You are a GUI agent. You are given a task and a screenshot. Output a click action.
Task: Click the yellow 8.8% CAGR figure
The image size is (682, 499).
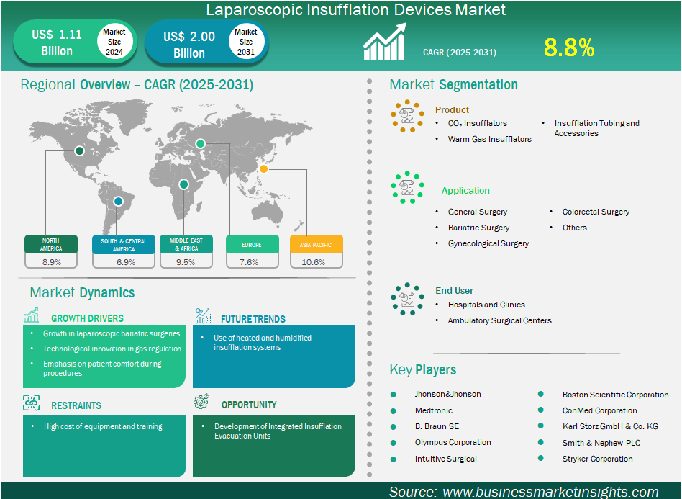pos(569,48)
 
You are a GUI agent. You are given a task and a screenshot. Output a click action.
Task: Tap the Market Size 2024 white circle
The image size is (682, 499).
pos(114,42)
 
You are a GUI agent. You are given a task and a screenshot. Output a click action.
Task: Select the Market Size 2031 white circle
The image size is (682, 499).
pos(246,42)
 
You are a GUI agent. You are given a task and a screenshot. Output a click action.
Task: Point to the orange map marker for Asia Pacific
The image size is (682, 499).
pos(263,169)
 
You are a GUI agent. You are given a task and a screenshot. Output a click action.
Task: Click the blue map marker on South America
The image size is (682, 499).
pos(118,201)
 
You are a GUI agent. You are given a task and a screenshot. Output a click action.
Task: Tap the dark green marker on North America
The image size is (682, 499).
pos(79,150)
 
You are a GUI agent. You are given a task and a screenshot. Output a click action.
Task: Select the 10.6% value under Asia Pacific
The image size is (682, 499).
pos(313,262)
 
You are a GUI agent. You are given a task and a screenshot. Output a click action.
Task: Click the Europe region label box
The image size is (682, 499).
pos(253,244)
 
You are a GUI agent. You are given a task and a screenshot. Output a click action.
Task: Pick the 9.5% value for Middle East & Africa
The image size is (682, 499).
pos(186,262)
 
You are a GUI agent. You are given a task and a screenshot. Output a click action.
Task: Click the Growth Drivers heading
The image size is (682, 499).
pos(88,318)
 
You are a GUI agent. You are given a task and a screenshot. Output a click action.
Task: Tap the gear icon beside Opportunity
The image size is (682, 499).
pos(201,401)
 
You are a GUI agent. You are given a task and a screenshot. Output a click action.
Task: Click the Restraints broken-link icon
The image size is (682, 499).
pos(32,403)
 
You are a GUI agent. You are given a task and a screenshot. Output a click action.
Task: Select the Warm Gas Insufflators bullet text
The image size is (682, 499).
pos(490,139)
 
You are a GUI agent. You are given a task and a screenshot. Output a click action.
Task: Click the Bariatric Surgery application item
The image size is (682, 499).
pos(478,228)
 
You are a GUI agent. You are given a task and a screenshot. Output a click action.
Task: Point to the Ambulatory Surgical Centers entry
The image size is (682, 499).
pos(500,320)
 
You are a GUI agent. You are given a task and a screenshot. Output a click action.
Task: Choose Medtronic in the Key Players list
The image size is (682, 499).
pos(434,410)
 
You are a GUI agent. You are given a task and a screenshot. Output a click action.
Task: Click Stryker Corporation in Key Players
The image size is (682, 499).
pos(598,459)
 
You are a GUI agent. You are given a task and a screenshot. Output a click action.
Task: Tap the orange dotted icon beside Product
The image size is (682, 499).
pos(408,116)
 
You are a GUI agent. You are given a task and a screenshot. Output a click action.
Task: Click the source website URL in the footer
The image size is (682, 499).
pos(550,492)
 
